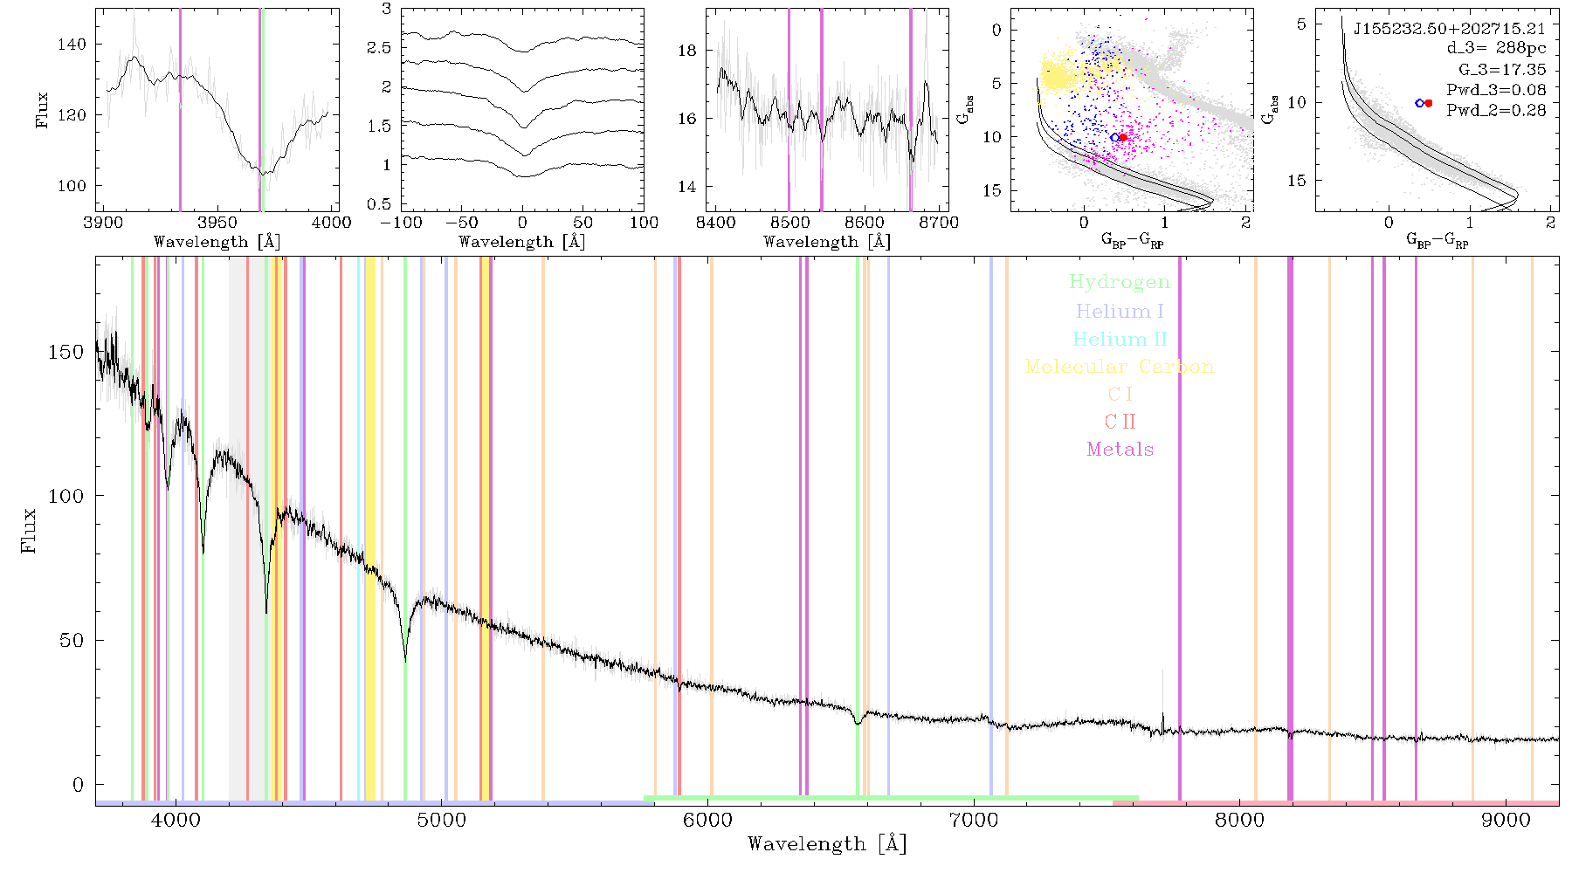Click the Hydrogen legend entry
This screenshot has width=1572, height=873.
1119,283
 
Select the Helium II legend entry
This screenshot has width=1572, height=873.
1119,339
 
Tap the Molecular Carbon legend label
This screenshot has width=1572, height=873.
1119,367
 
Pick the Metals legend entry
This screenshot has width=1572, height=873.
1120,450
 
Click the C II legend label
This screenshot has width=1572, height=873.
1120,422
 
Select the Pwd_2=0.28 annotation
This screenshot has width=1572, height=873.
1496,111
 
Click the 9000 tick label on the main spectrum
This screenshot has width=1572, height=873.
1506,820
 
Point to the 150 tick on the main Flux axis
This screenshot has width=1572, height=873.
66,352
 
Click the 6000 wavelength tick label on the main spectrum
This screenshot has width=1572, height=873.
707,820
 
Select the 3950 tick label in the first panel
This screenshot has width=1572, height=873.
217,222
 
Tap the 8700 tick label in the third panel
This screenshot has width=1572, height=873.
940,222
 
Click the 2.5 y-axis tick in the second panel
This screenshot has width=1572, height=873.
379,48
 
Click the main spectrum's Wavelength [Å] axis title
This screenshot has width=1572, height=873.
827,844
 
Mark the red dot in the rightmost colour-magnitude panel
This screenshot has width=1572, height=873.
1429,103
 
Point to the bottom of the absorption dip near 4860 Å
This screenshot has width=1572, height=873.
405,661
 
